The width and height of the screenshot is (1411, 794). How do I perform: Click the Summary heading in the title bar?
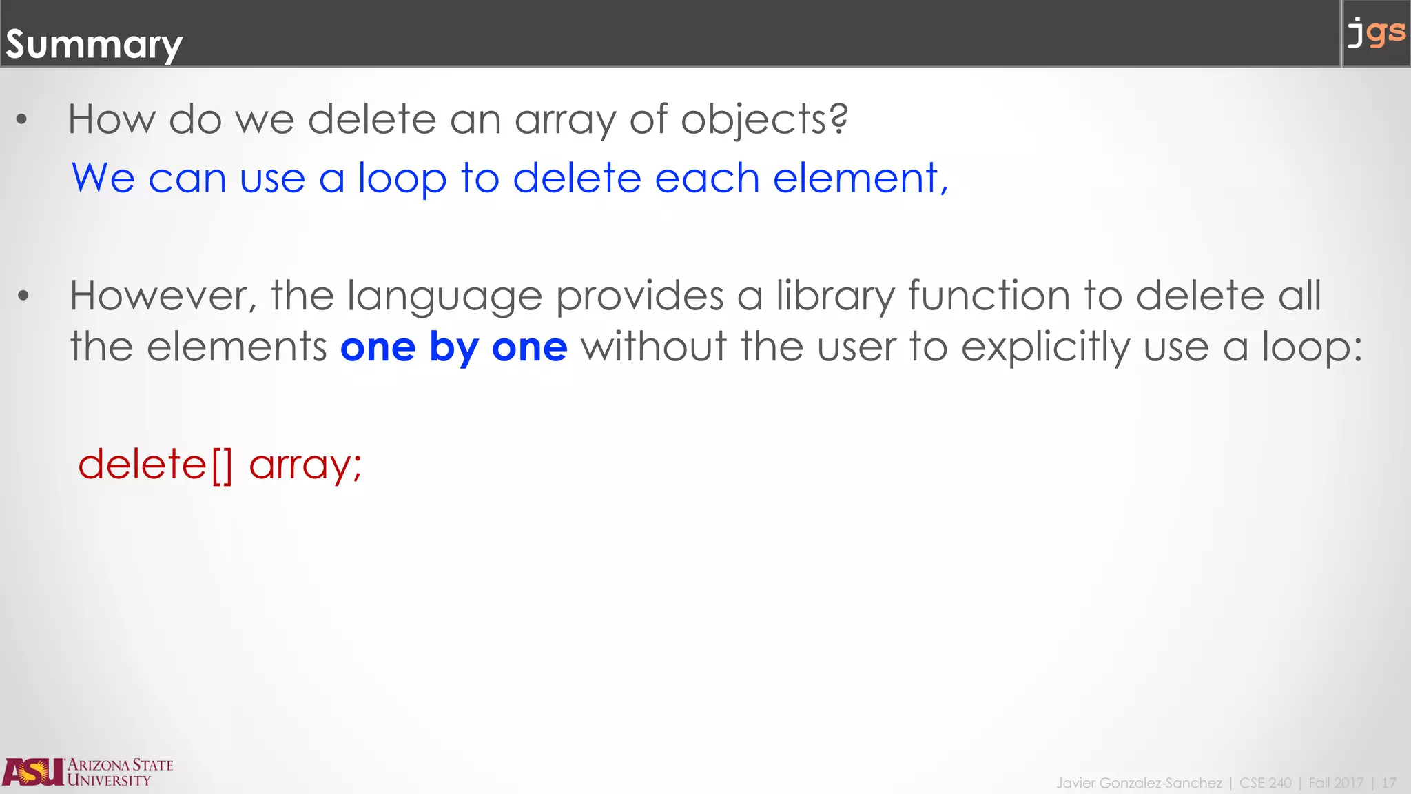(x=94, y=45)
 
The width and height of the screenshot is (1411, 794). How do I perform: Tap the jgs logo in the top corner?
(x=1376, y=32)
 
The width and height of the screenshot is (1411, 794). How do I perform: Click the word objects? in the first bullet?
(x=764, y=120)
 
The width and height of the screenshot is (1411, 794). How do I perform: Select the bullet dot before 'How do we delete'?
(x=22, y=120)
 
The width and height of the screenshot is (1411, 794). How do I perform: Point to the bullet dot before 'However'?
(x=23, y=296)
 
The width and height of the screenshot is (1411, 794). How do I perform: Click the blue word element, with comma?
(x=861, y=179)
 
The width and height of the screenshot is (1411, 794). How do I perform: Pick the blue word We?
(x=103, y=179)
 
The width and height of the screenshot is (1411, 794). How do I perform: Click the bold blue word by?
(x=453, y=348)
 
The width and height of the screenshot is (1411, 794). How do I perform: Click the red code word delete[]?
(x=156, y=465)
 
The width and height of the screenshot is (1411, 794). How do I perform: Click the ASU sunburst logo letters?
(x=33, y=772)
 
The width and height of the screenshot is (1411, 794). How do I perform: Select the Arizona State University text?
(x=120, y=773)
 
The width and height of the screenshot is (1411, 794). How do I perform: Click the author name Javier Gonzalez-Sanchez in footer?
(x=1139, y=783)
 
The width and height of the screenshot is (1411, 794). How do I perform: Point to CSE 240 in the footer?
(x=1265, y=783)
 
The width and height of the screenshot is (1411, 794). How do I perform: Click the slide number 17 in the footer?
(x=1388, y=783)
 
